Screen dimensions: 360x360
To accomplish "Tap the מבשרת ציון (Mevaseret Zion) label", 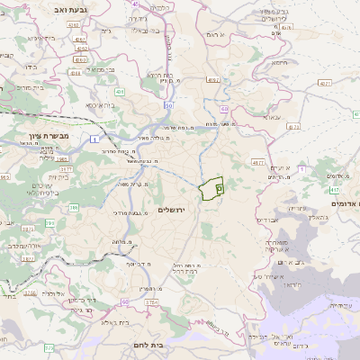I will (x=35, y=140).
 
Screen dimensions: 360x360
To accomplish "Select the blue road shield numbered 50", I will (x=168, y=105).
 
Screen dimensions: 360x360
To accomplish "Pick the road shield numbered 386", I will (x=74, y=207).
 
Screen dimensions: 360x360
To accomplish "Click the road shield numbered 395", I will (x=51, y=221).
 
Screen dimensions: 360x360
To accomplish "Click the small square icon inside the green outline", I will (x=219, y=188).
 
